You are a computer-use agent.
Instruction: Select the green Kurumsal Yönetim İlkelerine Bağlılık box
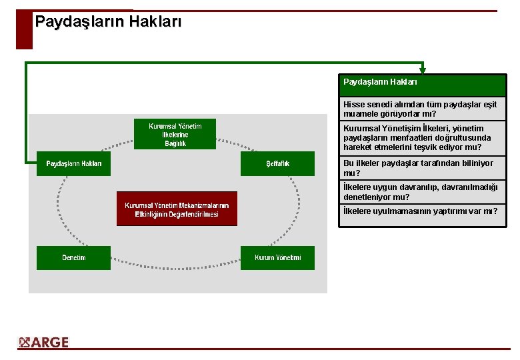tap(175, 134)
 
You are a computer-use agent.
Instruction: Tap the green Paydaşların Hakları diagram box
tap(73, 164)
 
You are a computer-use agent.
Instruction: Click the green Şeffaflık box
tap(277, 164)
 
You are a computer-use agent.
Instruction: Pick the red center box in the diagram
tap(177, 209)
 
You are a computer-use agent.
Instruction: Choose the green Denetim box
tap(73, 257)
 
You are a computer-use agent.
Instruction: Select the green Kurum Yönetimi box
tap(277, 257)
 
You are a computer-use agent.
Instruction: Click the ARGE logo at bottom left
tap(44, 343)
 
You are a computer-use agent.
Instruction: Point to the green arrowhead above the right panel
tap(423, 69)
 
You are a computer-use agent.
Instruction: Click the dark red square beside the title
tap(24, 29)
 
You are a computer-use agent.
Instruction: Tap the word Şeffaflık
tap(277, 164)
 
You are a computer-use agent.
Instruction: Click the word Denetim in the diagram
tap(73, 257)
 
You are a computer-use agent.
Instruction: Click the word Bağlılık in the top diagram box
tap(175, 143)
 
